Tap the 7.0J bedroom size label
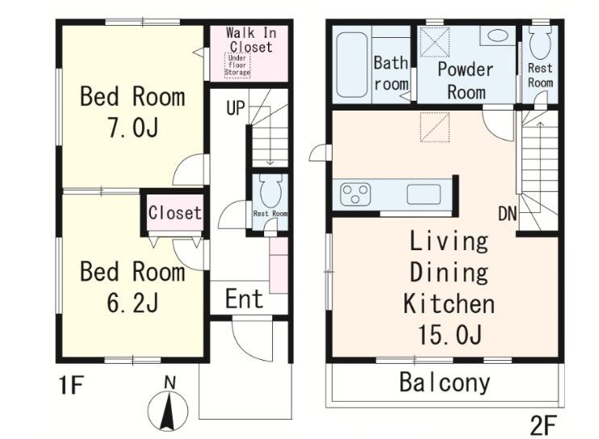click(x=132, y=128)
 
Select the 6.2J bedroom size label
click(x=132, y=303)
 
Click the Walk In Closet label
click(x=250, y=40)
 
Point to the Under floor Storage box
click(x=237, y=65)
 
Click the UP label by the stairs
click(x=236, y=108)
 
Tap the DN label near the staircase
click(x=508, y=214)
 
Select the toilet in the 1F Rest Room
click(x=270, y=190)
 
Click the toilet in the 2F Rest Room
click(x=540, y=42)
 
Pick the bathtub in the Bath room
click(x=352, y=65)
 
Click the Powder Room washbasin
click(x=498, y=36)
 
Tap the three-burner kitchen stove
click(x=356, y=194)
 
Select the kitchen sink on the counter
click(x=424, y=194)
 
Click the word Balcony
click(x=445, y=383)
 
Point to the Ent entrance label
click(x=244, y=299)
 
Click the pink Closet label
click(x=174, y=212)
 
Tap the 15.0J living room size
click(x=449, y=334)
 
